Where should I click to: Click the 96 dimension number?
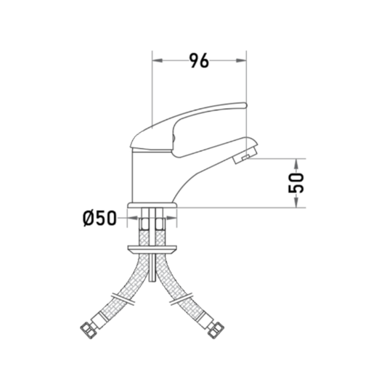[199, 60]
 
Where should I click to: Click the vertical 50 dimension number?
[296, 183]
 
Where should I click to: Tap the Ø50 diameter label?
[99, 218]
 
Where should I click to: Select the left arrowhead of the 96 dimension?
[158, 60]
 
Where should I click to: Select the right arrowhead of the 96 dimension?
[241, 60]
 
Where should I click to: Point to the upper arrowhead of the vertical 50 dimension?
[296, 164]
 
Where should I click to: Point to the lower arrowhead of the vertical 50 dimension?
[296, 202]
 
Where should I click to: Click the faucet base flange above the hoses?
[152, 205]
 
